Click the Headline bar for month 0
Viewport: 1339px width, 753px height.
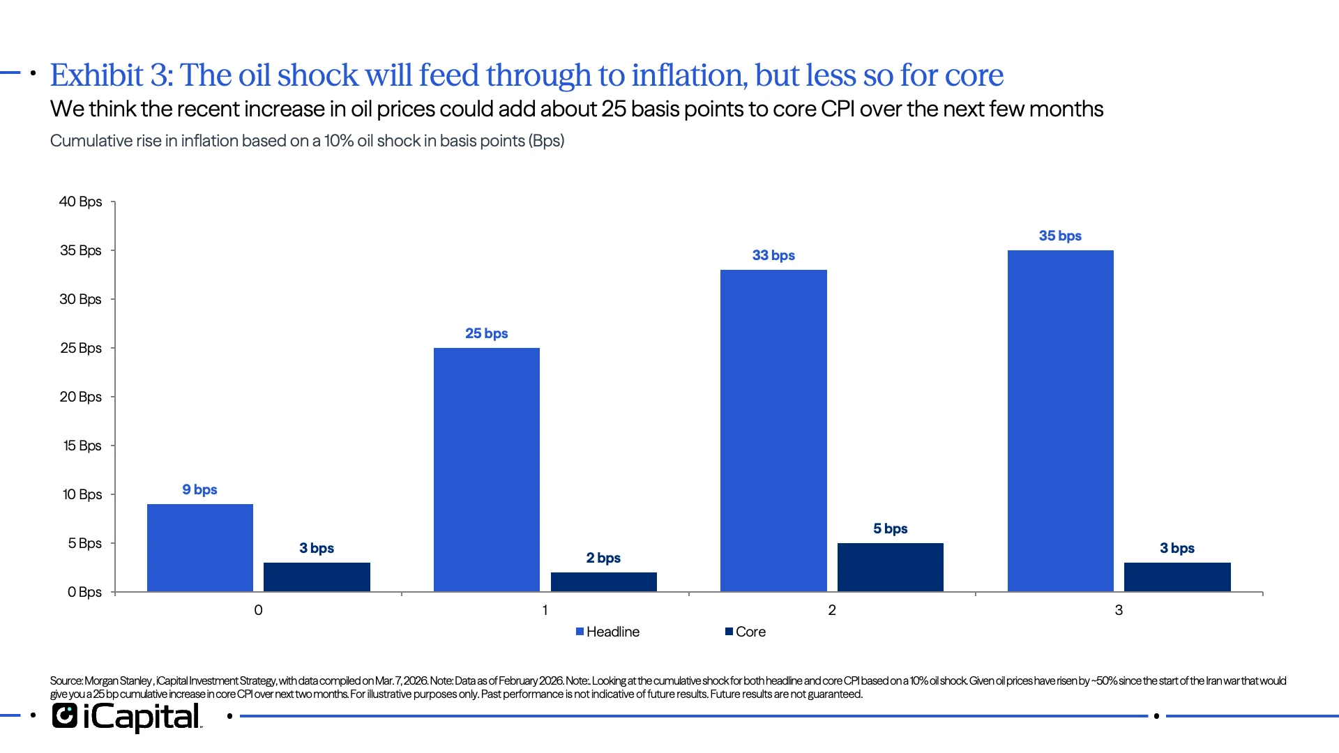point(200,547)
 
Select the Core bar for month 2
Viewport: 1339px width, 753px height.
point(890,567)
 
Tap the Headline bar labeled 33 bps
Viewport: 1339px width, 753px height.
point(773,430)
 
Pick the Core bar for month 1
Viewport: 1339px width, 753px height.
point(603,581)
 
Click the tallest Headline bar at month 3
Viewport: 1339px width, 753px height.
point(1060,420)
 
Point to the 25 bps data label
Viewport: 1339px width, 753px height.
point(486,333)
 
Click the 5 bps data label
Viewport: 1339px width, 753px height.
point(890,528)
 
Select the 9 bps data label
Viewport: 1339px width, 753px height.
point(199,489)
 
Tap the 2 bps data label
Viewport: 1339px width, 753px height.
point(603,558)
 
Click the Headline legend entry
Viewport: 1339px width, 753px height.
point(607,632)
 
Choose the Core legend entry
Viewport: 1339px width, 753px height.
point(746,632)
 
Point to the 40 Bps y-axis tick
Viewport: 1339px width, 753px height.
point(80,201)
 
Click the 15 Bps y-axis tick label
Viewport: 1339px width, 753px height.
point(82,446)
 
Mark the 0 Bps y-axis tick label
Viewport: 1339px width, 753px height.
point(84,592)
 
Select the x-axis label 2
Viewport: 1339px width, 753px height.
point(831,610)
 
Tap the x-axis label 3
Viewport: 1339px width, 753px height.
point(1119,610)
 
